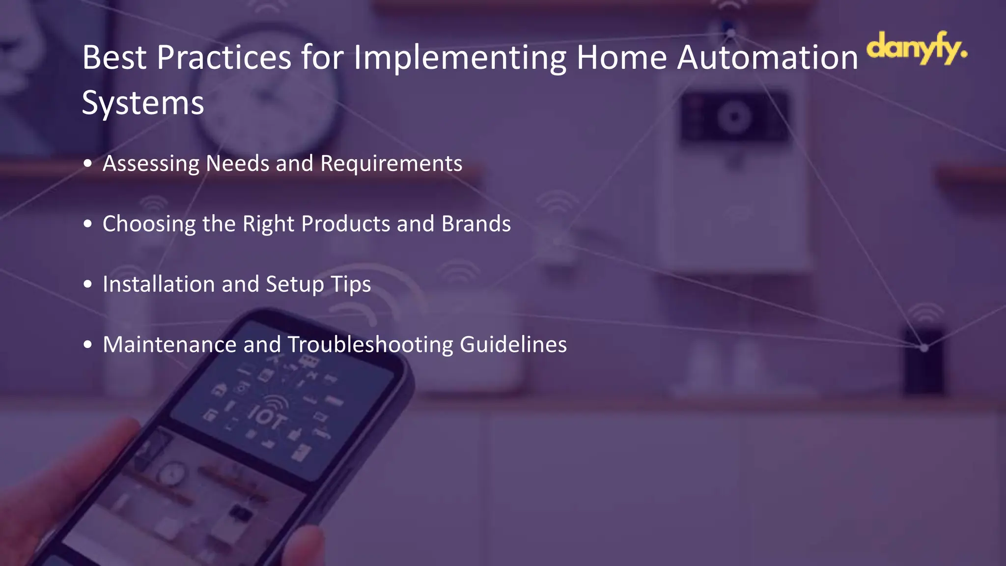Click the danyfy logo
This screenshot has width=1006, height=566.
916,48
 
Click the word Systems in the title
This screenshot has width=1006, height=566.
142,103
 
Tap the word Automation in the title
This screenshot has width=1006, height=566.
767,58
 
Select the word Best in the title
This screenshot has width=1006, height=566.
114,58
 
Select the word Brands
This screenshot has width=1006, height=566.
476,224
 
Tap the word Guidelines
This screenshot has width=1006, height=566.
513,345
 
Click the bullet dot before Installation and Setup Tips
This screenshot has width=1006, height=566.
88,284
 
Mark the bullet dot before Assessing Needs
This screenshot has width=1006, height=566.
88,164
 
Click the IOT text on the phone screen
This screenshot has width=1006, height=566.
267,417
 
